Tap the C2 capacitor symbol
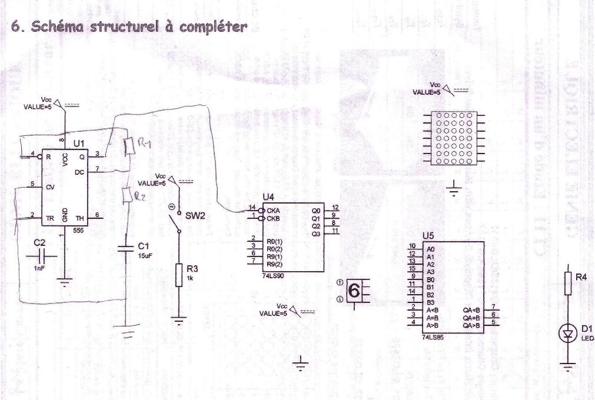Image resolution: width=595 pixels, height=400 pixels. pos(40,256)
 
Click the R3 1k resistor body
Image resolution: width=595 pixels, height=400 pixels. pos(179,276)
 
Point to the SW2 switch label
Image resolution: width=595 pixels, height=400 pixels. pos(194,215)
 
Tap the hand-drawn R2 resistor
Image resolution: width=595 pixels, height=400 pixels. pos(125,192)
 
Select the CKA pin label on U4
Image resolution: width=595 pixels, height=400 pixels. pos(272,209)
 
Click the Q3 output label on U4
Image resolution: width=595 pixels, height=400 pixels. pos(317,234)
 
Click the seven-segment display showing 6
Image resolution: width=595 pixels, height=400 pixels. pos(355,290)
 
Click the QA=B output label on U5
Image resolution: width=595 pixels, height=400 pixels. pos(471,316)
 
